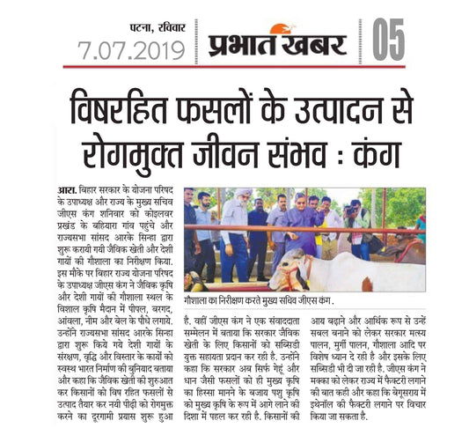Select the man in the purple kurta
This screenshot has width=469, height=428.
(x=309, y=225)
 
